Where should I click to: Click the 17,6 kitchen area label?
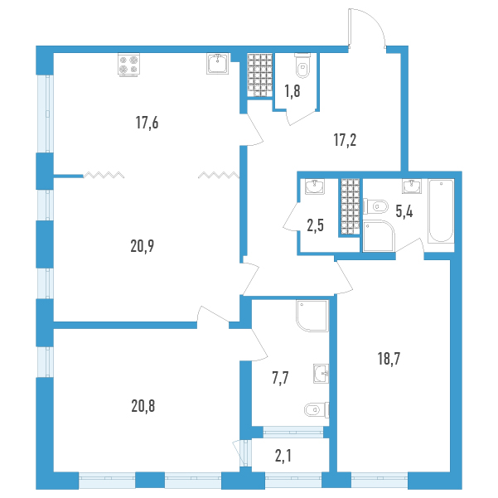click(147, 123)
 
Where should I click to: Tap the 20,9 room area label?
click(143, 246)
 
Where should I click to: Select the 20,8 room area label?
click(143, 406)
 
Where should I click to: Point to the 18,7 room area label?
click(389, 359)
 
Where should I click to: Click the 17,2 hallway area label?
click(345, 140)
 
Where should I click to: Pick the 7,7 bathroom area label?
click(280, 379)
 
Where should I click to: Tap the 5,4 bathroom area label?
click(404, 211)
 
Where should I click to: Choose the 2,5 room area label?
click(316, 225)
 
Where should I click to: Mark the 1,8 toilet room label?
click(293, 91)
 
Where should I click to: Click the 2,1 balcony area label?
click(283, 457)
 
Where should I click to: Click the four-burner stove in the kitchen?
click(128, 65)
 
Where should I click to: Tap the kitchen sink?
click(218, 64)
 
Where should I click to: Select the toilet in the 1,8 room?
click(302, 65)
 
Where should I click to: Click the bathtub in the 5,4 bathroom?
click(441, 211)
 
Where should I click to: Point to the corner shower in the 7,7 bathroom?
click(312, 316)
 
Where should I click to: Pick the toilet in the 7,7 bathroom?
click(317, 409)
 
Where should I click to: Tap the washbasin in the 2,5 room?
click(315, 186)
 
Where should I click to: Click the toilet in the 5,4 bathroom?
click(375, 207)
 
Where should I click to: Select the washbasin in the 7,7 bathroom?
click(322, 374)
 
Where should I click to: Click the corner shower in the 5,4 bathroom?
click(379, 236)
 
